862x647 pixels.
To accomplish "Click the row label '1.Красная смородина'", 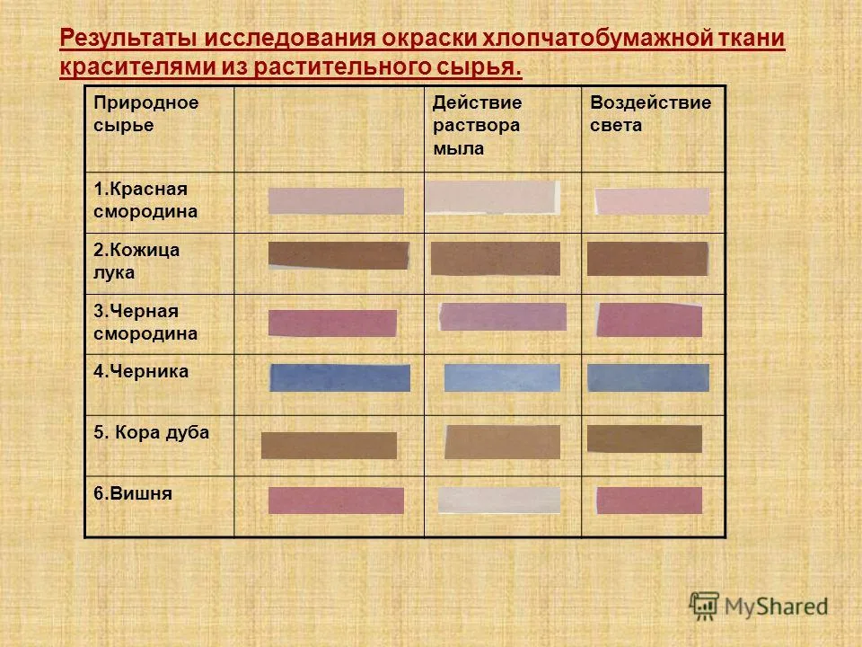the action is pyautogui.click(x=145, y=200).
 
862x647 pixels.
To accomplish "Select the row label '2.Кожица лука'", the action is pyautogui.click(x=136, y=261).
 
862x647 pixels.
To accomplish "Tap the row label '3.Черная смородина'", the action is pyautogui.click(x=145, y=323).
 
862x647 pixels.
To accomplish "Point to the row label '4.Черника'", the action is pyautogui.click(x=141, y=372).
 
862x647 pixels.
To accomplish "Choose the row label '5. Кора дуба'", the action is pyautogui.click(x=151, y=433).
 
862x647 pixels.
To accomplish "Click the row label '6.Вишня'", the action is pyautogui.click(x=133, y=493).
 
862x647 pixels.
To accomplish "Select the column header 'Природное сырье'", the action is pyautogui.click(x=145, y=114).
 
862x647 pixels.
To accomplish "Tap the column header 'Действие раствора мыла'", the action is pyautogui.click(x=477, y=126).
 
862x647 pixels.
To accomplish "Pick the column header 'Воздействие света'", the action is pyautogui.click(x=650, y=114).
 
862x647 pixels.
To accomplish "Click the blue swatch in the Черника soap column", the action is pyautogui.click(x=502, y=377).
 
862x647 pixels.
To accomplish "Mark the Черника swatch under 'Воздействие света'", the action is pyautogui.click(x=648, y=377).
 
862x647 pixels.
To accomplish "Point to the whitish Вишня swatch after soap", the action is pyautogui.click(x=499, y=501).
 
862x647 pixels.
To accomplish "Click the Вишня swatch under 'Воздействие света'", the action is pyautogui.click(x=649, y=501).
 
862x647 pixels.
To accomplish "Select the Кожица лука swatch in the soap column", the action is pyautogui.click(x=496, y=258).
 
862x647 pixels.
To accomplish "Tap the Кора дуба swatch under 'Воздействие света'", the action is pyautogui.click(x=645, y=439).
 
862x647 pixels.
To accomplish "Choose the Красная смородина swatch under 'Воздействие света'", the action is pyautogui.click(x=652, y=201).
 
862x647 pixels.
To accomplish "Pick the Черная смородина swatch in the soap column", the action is pyautogui.click(x=503, y=317).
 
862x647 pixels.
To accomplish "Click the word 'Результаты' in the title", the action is pyautogui.click(x=128, y=39).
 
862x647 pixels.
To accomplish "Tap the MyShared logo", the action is pyautogui.click(x=759, y=606).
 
